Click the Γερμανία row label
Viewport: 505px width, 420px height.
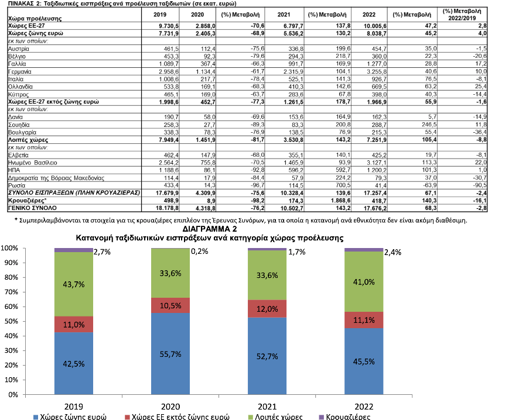[x=20, y=72]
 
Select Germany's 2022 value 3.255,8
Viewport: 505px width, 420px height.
[x=377, y=72]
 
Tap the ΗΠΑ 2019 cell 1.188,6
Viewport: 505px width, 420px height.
[x=169, y=170]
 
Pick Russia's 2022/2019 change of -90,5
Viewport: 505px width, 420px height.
[x=480, y=185]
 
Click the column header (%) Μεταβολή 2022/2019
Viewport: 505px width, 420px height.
[x=462, y=15]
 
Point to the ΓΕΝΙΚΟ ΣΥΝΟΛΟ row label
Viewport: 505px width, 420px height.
[x=32, y=208]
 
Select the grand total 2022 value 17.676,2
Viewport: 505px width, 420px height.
[x=375, y=208]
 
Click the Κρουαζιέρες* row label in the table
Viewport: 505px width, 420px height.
[x=28, y=201]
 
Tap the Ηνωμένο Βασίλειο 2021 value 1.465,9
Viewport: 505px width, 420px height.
[x=294, y=163]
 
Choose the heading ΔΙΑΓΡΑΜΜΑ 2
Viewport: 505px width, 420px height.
[x=210, y=229]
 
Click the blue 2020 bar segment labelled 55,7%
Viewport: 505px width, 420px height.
[x=170, y=353]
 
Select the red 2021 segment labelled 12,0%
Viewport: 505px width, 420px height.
[x=267, y=309]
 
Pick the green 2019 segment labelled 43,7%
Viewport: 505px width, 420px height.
[x=74, y=284]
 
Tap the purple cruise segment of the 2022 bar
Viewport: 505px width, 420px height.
[x=364, y=250]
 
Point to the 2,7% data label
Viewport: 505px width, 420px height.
[x=102, y=252]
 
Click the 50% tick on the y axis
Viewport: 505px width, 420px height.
[x=11, y=321]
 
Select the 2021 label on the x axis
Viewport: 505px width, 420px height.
[x=267, y=407]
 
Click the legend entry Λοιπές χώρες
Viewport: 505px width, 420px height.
[x=275, y=417]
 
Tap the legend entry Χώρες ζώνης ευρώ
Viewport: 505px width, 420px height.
[x=70, y=417]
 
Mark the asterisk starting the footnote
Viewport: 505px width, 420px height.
[x=16, y=220]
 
